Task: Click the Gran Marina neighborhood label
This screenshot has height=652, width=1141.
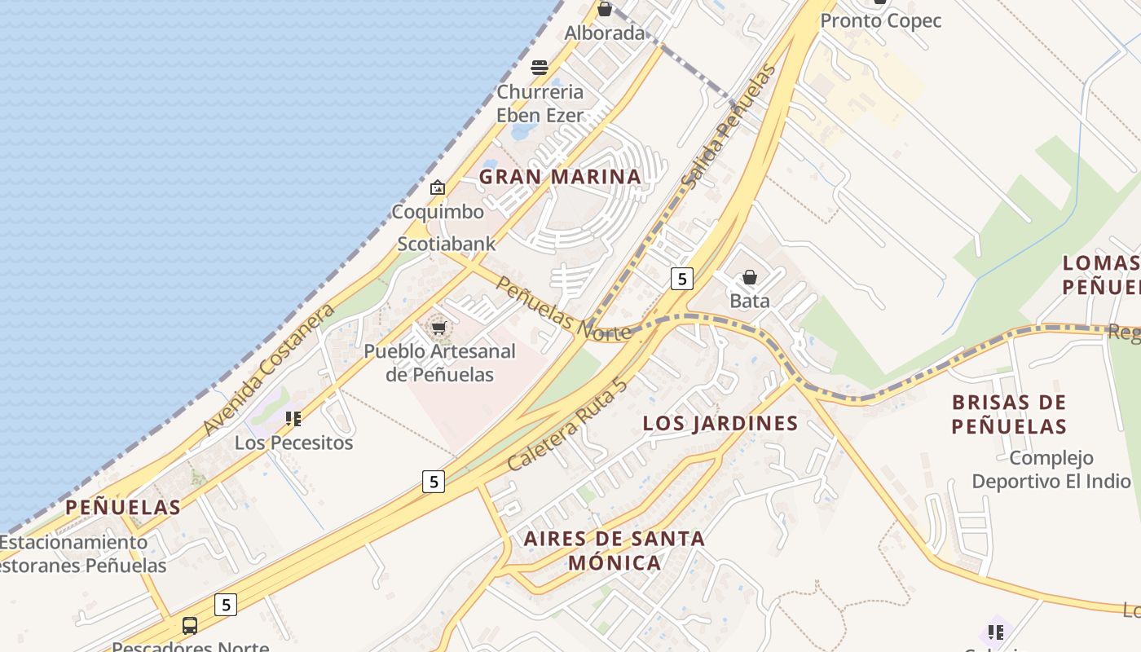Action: (560, 177)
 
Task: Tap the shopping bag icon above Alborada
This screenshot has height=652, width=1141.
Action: (605, 9)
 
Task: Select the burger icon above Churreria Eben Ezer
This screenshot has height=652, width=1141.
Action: (540, 67)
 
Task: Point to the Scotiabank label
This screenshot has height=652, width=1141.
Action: (446, 244)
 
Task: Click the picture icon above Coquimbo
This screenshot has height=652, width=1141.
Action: (438, 188)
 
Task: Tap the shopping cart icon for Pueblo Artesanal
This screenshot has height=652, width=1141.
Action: (439, 328)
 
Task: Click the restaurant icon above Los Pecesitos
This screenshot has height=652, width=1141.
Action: (293, 419)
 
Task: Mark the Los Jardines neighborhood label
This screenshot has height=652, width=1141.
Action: (720, 423)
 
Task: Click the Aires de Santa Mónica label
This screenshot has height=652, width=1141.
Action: (615, 550)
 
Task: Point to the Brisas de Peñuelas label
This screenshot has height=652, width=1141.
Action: (1009, 414)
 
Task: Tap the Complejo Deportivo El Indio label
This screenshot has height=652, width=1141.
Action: (1051, 469)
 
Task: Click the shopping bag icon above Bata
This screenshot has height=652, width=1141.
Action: (750, 278)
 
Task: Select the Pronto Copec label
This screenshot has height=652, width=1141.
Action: (880, 21)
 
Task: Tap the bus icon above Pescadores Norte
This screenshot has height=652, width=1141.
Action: (190, 626)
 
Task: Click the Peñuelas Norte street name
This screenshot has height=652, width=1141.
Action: (562, 310)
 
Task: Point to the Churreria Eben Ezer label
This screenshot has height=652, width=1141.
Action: (540, 104)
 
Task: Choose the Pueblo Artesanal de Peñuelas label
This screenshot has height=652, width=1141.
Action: (439, 363)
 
